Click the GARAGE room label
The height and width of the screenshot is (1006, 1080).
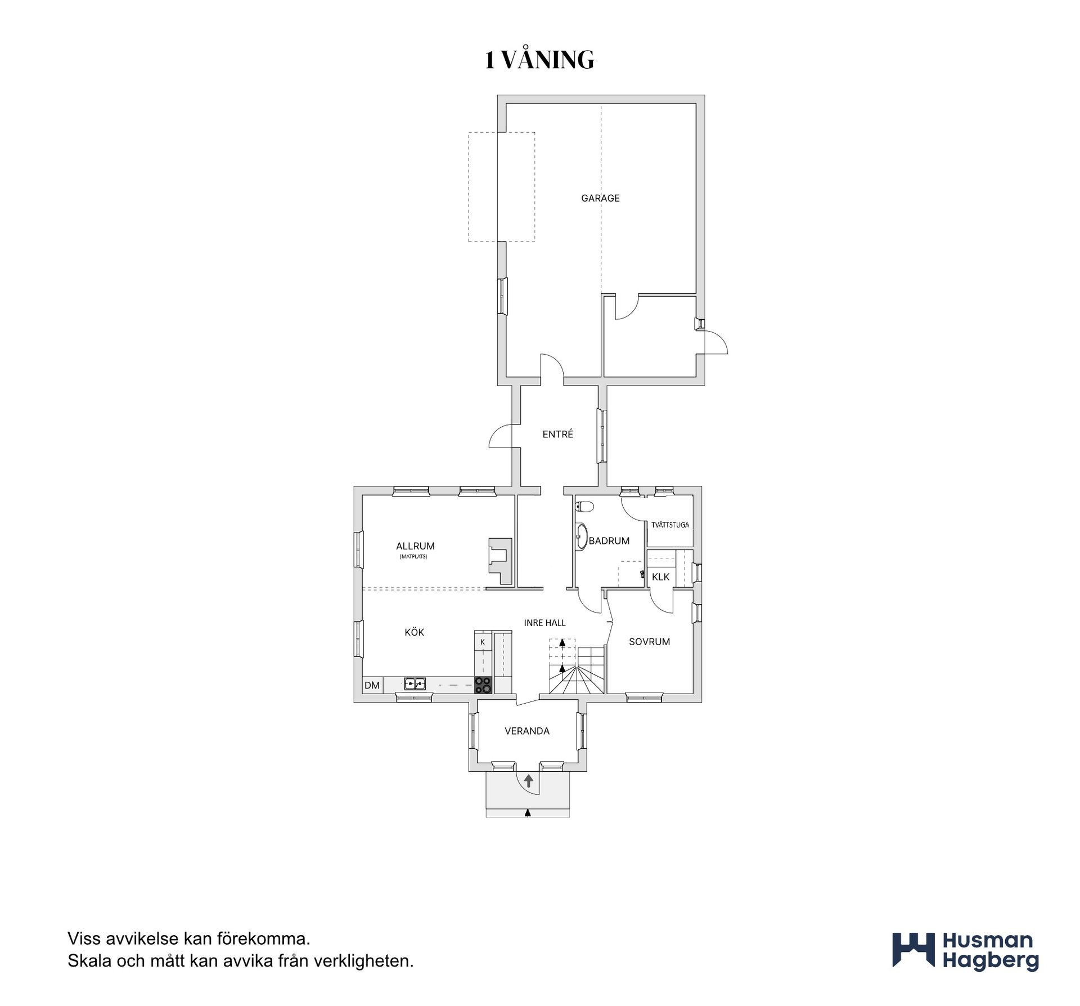point(600,198)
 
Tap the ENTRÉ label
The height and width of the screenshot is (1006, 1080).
point(557,434)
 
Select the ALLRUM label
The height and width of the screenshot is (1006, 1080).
point(415,546)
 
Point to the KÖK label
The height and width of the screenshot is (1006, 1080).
point(415,632)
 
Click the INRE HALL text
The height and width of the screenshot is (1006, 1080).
point(544,623)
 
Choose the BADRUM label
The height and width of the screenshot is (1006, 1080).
point(609,541)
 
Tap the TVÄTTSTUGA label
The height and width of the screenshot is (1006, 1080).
point(670,525)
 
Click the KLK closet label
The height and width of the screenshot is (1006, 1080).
point(661,577)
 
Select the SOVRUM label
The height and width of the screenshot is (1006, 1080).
point(649,642)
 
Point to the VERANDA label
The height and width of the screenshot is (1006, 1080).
point(527,731)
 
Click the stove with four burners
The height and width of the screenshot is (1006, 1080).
point(483,685)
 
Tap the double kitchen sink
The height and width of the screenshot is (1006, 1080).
point(415,684)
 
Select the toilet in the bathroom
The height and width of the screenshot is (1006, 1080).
point(584,507)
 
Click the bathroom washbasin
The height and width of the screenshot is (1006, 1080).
point(581,537)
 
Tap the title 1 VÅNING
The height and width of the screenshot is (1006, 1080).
point(539,60)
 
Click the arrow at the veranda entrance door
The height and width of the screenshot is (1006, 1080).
point(529,781)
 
